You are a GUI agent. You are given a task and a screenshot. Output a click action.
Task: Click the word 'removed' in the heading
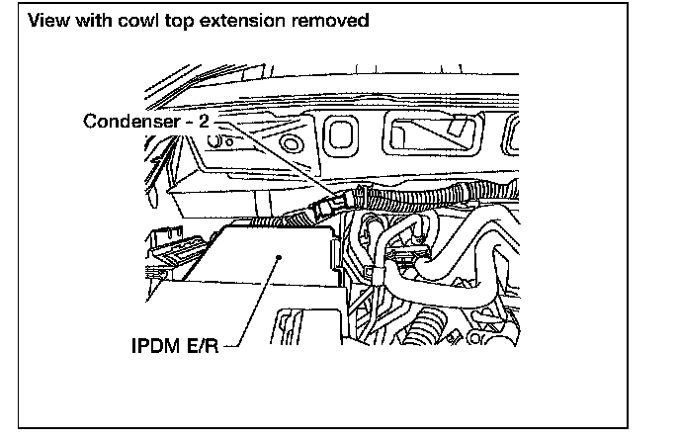pos(331,20)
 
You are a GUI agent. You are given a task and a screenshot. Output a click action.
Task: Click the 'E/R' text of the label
pos(205,349)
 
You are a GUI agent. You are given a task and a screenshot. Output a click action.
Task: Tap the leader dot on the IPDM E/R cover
pos(283,256)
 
